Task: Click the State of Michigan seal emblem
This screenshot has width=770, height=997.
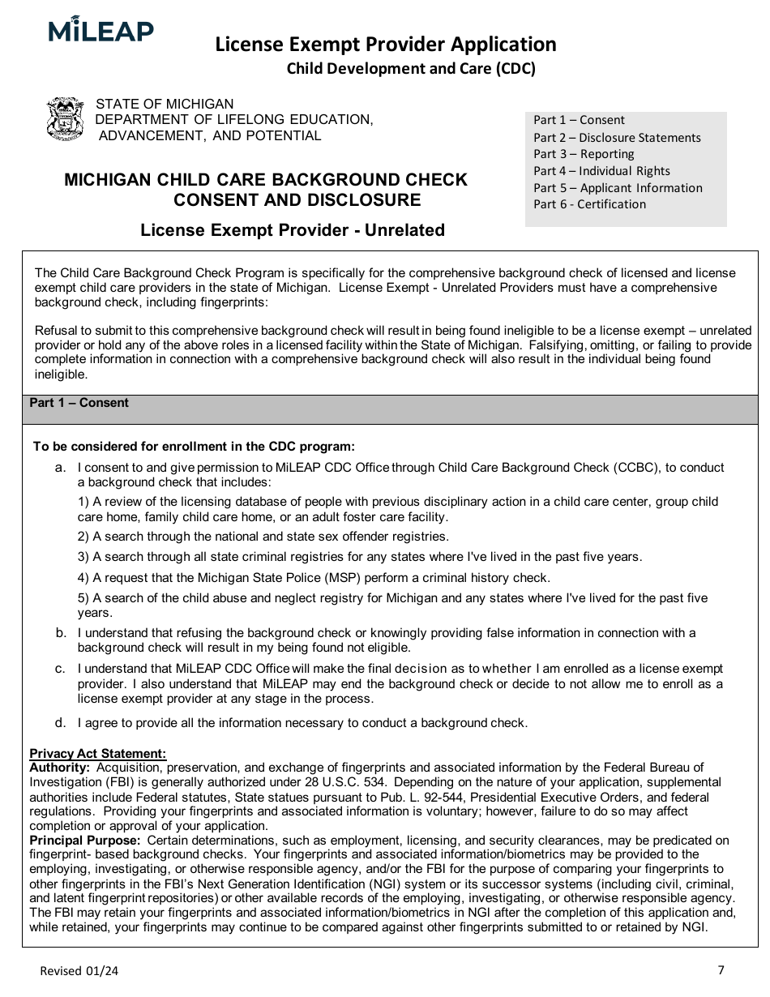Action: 66,120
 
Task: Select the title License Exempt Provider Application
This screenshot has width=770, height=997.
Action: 385,44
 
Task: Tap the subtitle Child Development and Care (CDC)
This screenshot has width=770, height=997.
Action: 411,69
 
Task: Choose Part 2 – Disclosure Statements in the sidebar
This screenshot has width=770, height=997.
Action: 617,138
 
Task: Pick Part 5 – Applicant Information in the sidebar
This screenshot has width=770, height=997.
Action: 618,188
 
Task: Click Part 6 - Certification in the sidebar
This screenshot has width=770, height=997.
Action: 589,204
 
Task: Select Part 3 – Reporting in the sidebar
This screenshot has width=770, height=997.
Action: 584,154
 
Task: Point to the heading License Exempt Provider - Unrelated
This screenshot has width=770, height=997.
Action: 293,230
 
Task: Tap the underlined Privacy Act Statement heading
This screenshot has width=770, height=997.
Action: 97,754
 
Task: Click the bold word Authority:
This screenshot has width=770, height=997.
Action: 59,767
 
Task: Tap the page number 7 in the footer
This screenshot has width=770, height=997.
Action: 721,969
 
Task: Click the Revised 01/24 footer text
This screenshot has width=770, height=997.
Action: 79,971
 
